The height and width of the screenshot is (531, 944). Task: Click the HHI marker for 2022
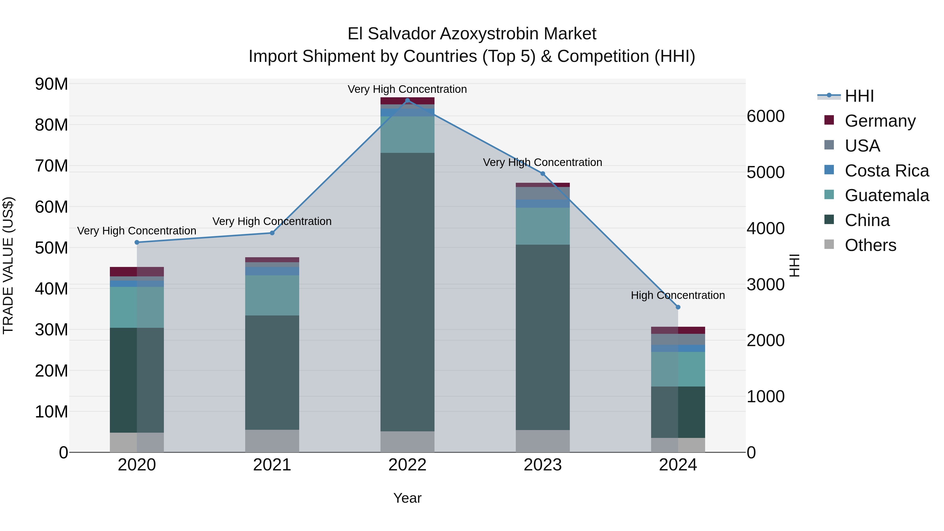407,100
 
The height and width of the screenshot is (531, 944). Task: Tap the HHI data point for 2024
678,307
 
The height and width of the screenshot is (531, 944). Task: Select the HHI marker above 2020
137,242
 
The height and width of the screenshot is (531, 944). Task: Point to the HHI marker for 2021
272,233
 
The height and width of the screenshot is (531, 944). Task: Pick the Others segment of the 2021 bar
272,441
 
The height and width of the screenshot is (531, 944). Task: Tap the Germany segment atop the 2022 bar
407,101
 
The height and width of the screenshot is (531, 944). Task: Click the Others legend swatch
829,244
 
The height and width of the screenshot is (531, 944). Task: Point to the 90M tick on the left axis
51,84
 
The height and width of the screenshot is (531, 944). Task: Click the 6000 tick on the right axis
765,116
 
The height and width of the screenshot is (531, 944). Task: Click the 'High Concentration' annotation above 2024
678,295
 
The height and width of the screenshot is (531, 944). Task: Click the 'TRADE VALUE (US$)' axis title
8,265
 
